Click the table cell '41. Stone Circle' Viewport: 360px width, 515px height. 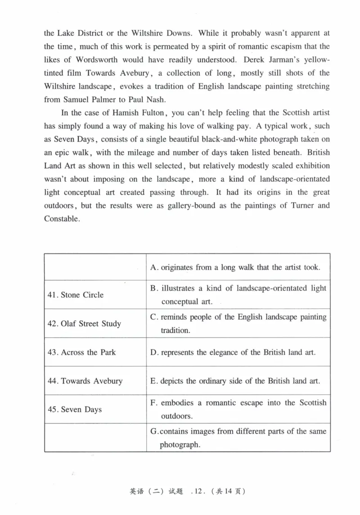pos(76,295)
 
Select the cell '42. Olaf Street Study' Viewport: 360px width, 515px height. pos(84,324)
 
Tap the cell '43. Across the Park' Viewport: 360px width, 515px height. pos(81,352)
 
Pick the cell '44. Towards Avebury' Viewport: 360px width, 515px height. pos(85,381)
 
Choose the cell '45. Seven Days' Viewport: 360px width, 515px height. pos(75,410)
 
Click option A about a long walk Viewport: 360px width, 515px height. pos(235,267)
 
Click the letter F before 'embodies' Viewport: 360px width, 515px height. pos(153,403)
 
